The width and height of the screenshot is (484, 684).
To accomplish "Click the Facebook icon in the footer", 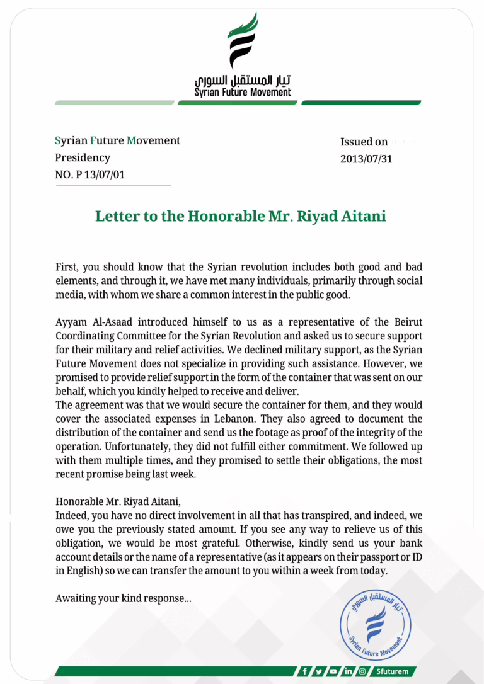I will tap(305, 671).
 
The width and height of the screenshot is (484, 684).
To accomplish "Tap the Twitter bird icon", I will tap(319, 671).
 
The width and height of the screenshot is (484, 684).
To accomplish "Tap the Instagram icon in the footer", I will tap(362, 671).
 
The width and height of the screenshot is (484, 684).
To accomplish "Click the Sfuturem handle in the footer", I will tap(390, 671).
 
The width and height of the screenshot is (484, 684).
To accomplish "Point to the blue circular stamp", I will tap(375, 620).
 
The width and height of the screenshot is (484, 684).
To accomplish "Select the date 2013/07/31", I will tap(366, 159).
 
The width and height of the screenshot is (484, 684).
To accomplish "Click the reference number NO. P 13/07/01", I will tap(89, 174).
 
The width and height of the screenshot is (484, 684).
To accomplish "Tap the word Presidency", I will tap(83, 157).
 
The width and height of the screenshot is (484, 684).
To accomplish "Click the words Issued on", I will tap(364, 142).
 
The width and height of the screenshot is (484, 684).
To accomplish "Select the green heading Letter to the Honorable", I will tap(241, 216).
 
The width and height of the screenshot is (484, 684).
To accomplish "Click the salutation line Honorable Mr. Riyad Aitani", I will tap(117, 502).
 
